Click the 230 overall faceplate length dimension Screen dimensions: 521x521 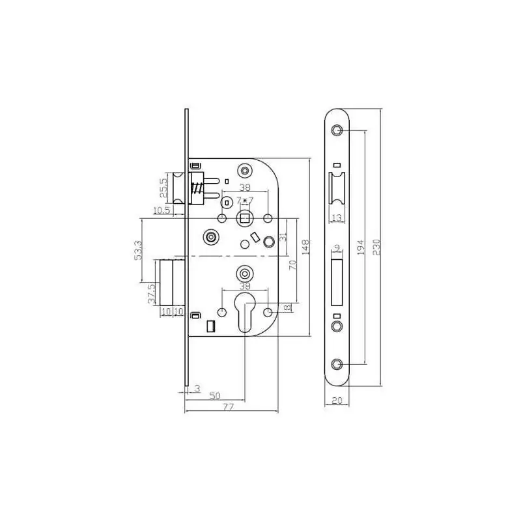point(376,247)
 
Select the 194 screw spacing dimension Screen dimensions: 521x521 point(361,247)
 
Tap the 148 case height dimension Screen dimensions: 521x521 point(305,247)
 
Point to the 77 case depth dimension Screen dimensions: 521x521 point(229,406)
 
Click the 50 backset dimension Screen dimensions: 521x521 point(215,396)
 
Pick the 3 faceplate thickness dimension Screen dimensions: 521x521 point(197,388)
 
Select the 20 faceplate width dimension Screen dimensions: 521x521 point(337,401)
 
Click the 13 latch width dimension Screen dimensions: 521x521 point(337,218)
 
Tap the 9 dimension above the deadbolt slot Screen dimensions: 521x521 point(337,247)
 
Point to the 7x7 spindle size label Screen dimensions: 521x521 point(245,201)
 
